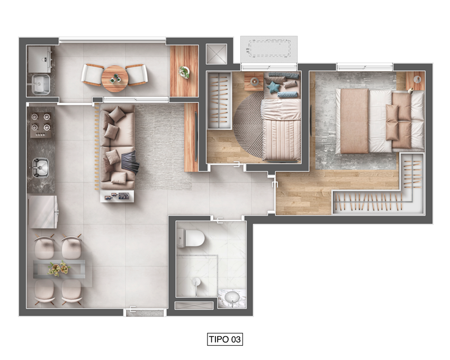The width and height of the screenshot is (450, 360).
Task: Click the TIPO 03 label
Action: tap(225, 339)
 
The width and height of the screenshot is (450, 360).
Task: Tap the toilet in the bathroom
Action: tap(191, 238)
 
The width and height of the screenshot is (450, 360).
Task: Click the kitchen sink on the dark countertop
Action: tap(40, 167)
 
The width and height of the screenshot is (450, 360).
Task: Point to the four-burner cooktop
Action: tap(41, 125)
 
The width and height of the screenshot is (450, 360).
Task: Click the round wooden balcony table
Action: tap(114, 79)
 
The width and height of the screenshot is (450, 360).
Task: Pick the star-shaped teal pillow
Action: tap(273, 87)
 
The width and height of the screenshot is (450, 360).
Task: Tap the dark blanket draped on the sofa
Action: tap(130, 163)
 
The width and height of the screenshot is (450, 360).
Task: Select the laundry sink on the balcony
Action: tap(41, 84)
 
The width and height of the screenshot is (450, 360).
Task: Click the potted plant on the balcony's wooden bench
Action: tap(184, 72)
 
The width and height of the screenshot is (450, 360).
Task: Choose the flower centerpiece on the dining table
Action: tap(59, 269)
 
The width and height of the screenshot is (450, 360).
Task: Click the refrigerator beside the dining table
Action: tap(43, 212)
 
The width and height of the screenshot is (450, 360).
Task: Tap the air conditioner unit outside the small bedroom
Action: tap(268, 50)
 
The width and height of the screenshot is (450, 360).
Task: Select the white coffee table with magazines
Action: tap(117, 196)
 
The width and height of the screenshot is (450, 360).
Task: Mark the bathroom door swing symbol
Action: tap(219, 220)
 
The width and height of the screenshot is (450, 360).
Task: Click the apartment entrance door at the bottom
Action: tap(145, 312)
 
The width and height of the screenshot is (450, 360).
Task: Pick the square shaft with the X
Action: tap(217, 54)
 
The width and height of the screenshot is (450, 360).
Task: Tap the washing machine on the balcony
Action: tap(40, 60)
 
